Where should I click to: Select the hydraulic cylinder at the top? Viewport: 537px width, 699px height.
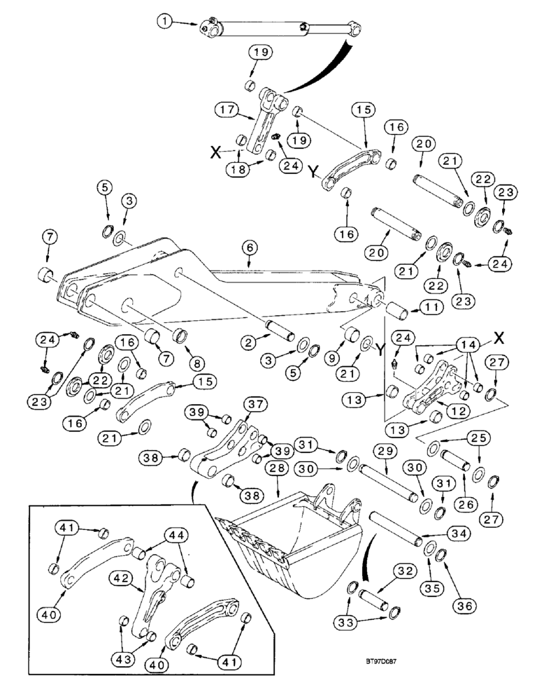tap(280, 29)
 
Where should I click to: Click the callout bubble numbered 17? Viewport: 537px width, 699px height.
tap(226, 110)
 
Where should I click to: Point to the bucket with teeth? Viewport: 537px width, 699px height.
tap(294, 545)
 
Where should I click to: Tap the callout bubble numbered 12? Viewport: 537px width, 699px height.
tap(438, 411)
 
